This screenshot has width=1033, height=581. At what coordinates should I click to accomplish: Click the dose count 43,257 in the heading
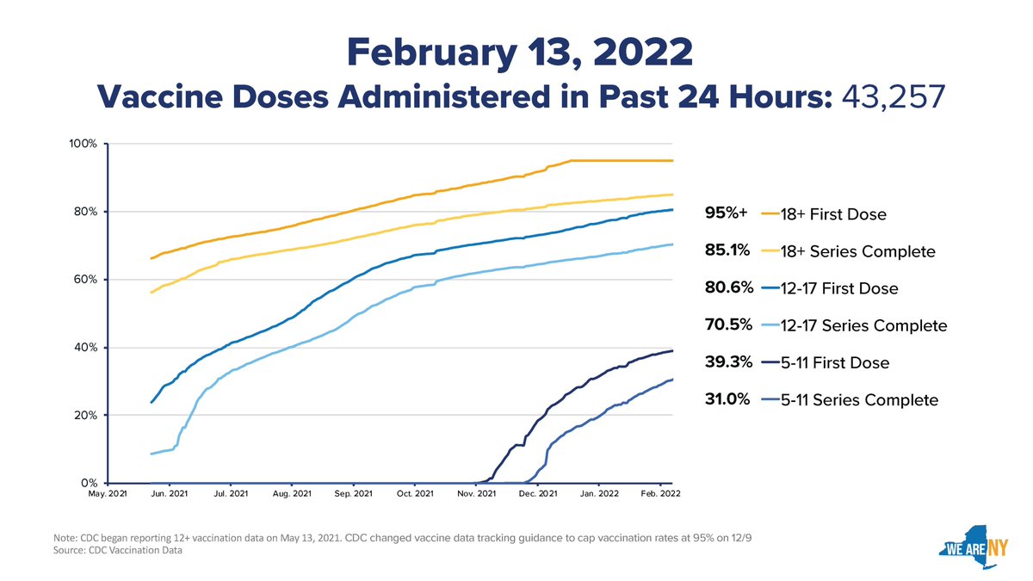click(x=894, y=96)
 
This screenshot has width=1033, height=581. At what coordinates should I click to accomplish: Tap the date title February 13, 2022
click(x=520, y=53)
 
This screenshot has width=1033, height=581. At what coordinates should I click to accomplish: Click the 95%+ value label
click(x=726, y=213)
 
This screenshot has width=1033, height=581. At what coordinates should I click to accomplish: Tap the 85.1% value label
click(x=727, y=250)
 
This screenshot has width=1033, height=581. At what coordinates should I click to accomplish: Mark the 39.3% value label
click(x=728, y=362)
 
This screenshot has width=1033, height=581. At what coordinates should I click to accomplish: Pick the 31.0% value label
click(x=727, y=399)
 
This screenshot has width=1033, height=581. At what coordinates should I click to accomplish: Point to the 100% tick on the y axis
click(x=83, y=144)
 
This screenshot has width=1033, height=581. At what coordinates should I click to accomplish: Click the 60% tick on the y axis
click(x=85, y=280)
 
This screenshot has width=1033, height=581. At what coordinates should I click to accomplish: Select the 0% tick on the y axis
click(x=89, y=483)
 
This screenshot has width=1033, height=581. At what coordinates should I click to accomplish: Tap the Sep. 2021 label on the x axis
click(x=353, y=494)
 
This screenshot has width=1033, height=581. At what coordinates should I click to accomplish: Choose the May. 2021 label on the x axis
click(x=108, y=494)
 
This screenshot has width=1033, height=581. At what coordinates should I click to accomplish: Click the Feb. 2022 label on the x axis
click(x=660, y=494)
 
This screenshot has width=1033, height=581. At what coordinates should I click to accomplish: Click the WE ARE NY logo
click(x=973, y=547)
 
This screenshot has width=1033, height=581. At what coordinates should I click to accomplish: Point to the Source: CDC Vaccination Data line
click(x=118, y=550)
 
